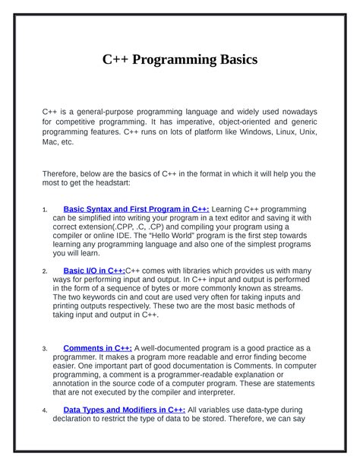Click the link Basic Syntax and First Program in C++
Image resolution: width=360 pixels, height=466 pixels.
click(x=136, y=208)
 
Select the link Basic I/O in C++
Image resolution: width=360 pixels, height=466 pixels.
click(x=93, y=270)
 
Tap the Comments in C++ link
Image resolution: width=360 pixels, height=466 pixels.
click(x=97, y=348)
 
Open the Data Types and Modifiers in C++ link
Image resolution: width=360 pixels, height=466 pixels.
click(x=124, y=410)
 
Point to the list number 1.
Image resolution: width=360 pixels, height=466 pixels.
click(x=46, y=210)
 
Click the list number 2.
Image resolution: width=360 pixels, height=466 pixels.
click(x=46, y=271)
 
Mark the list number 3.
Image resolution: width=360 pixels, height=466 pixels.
click(x=46, y=350)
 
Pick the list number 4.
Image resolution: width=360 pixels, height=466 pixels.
click(x=46, y=411)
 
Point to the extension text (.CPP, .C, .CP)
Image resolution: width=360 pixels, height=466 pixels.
click(x=144, y=227)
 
